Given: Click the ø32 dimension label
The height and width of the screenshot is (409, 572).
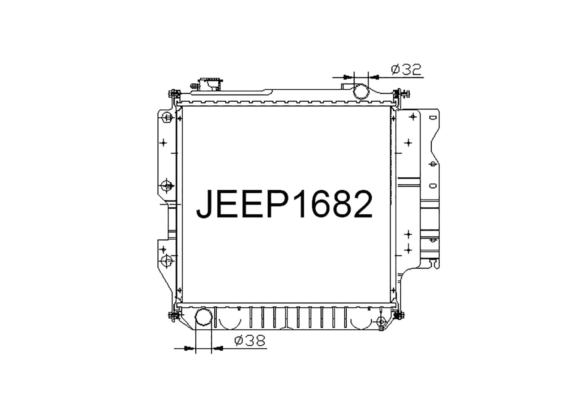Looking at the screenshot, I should [x=406, y=69].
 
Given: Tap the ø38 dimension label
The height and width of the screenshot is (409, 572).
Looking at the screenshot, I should [x=250, y=340].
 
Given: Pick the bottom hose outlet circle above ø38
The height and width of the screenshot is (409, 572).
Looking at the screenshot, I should [x=203, y=317].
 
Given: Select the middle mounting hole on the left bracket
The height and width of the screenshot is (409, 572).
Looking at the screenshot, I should [x=167, y=186].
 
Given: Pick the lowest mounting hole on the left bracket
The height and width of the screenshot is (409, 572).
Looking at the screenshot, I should [x=167, y=261].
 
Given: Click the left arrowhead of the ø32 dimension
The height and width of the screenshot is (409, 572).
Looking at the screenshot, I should [x=347, y=77].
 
